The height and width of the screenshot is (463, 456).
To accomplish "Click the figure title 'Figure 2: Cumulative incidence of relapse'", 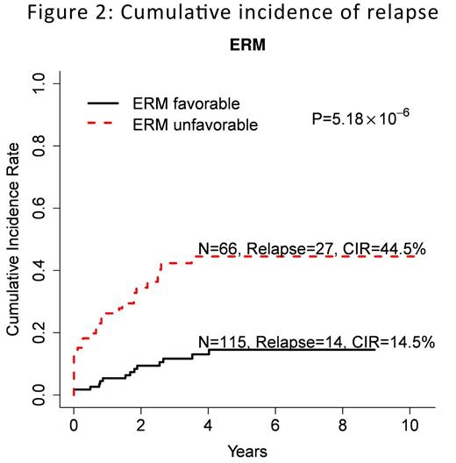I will [x=228, y=15].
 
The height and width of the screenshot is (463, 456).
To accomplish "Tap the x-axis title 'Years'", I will [x=241, y=452].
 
